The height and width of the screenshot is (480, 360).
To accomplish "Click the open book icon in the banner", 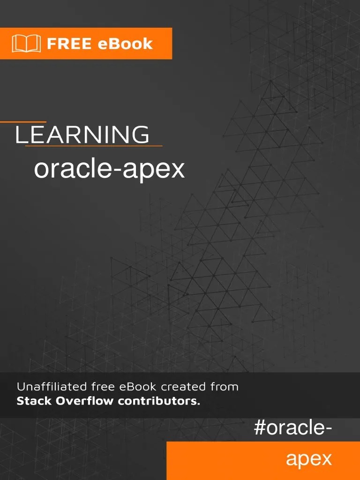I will (x=26, y=44).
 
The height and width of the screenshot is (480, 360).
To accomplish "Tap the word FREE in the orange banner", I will (x=69, y=44).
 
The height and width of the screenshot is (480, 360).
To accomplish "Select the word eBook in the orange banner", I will (x=126, y=44).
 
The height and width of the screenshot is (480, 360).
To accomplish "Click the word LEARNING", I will (x=82, y=135).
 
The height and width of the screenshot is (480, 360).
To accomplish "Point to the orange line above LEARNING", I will (x=23, y=122).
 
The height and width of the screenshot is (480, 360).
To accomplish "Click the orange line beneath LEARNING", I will (x=94, y=146).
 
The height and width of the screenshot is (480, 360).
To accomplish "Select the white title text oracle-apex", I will (x=109, y=169).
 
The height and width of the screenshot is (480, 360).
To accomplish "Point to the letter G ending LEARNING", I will (x=140, y=135).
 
